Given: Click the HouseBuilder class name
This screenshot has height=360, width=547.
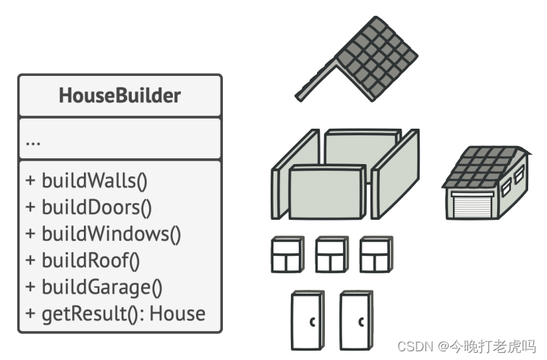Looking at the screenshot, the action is pos(120,95).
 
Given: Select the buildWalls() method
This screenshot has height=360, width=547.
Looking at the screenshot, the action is pos(90,180).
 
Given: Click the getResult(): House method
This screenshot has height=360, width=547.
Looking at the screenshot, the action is pos(116,314).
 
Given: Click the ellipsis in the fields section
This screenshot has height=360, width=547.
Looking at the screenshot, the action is pos(33,141).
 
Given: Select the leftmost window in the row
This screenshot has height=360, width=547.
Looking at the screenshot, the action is pos(288,255).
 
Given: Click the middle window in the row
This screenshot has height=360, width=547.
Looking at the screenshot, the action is pos(332,255).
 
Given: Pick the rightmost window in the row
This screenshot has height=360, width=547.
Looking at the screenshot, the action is pos(376,255).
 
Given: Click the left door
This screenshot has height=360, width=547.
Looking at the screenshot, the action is pos(308,320).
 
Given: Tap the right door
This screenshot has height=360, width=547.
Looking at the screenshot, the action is pos(356,320).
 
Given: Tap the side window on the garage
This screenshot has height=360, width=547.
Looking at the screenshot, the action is pos(506,189).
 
